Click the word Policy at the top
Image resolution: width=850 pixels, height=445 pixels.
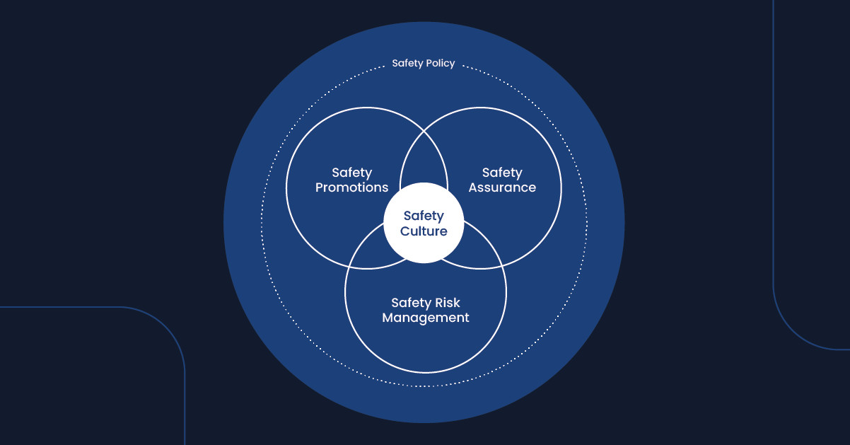[439, 64]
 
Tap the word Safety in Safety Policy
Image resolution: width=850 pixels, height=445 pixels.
[407, 63]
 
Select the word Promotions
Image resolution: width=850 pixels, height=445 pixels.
[351, 187]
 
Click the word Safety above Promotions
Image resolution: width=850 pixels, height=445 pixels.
[351, 173]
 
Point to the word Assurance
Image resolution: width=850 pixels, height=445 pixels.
[502, 187]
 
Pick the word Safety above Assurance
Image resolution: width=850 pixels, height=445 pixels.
[502, 173]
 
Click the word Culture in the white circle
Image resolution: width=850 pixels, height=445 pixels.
[424, 231]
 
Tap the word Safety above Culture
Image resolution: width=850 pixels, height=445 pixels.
[424, 216]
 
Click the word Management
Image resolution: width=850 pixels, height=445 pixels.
[426, 318]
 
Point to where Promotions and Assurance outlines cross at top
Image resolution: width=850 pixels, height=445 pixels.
[424, 131]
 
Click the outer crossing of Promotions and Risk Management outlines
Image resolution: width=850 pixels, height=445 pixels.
[349, 267]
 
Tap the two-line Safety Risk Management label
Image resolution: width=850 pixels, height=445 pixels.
[426, 311]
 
